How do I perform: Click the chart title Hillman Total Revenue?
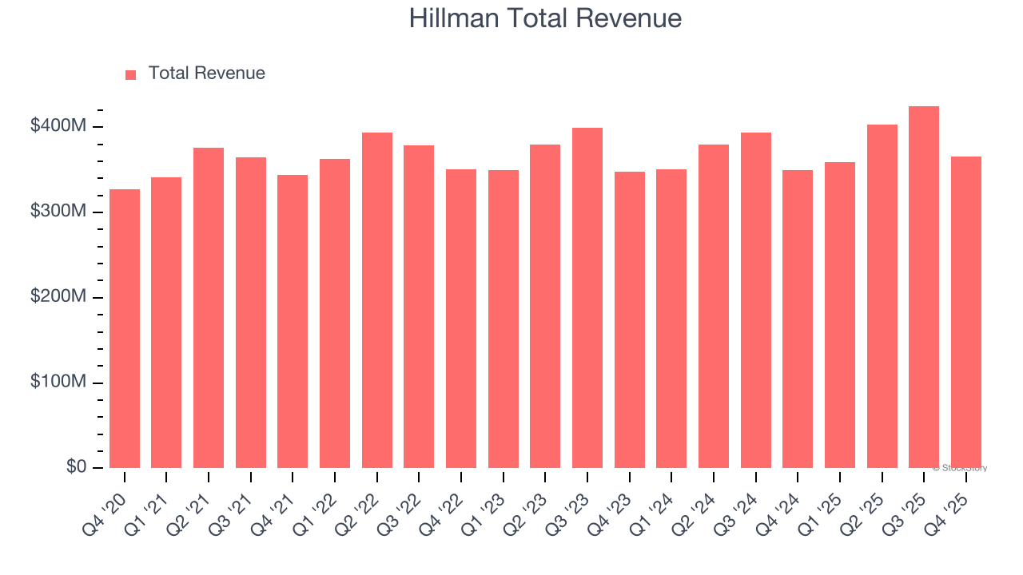coord(545,18)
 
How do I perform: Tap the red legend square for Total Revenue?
coord(131,74)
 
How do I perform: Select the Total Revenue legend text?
coord(206,73)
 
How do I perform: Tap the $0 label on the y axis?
coord(76,466)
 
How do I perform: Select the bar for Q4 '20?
coord(125,328)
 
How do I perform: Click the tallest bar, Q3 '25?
coord(924,287)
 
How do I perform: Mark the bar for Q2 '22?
coord(377,300)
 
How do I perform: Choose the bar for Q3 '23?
coord(587,298)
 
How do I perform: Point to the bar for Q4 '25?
coord(965,312)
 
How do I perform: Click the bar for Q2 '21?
coord(209,307)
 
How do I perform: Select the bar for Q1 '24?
coord(671,319)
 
